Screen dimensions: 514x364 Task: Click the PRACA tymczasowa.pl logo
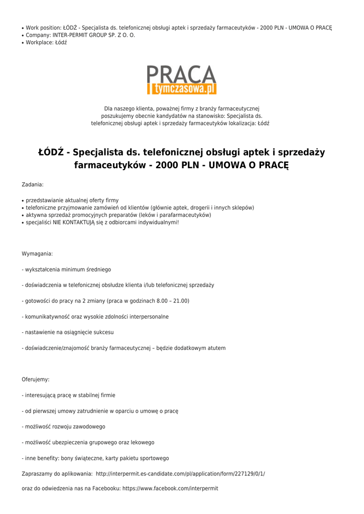pyautogui.click(x=182, y=80)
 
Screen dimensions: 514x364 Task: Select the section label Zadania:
pyautogui.click(x=33, y=185)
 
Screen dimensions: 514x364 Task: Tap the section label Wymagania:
pyautogui.click(x=37, y=254)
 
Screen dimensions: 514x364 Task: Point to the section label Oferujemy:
pyautogui.click(x=36, y=379)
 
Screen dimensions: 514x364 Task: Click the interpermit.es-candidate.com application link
pyautogui.click(x=180, y=473)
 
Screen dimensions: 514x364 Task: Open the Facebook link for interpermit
pyautogui.click(x=170, y=488)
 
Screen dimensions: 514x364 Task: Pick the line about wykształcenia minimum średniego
pyautogui.click(x=66, y=270)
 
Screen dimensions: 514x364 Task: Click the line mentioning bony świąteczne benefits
pyautogui.click(x=95, y=458)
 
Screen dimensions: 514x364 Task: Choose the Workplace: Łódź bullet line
pyautogui.click(x=46, y=43)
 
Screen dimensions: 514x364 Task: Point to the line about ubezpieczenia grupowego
pyautogui.click(x=88, y=442)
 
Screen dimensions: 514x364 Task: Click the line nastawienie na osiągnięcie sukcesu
pyautogui.click(x=68, y=332)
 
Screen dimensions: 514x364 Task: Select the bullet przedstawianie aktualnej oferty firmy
pyautogui.click(x=72, y=200)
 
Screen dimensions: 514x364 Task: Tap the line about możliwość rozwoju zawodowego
pyautogui.click(x=63, y=427)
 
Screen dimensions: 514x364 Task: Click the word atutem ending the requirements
pyautogui.click(x=215, y=348)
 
